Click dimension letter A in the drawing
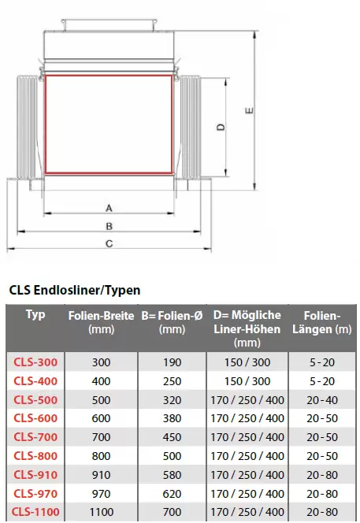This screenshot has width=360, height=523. click(x=109, y=209)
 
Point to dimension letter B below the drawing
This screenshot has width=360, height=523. click(x=109, y=227)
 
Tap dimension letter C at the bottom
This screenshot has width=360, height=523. click(x=109, y=244)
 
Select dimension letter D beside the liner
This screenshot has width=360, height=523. click(x=221, y=127)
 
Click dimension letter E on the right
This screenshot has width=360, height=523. click(x=249, y=110)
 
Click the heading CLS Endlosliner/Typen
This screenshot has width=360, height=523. click(x=74, y=290)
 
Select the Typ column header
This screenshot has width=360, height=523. click(x=35, y=314)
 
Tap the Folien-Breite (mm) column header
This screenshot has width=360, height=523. click(x=101, y=322)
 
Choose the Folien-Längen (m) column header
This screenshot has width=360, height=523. click(x=322, y=322)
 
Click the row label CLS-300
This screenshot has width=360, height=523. click(x=35, y=362)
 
